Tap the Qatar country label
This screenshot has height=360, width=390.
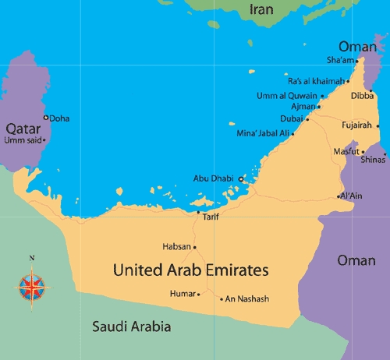[23, 129]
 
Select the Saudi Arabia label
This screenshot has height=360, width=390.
[131, 326]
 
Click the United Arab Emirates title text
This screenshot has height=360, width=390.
[190, 270]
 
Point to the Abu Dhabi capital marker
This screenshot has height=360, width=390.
[241, 179]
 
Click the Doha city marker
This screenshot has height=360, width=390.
[46, 118]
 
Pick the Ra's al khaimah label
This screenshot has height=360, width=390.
[315, 81]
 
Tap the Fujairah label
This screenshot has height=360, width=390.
[357, 125]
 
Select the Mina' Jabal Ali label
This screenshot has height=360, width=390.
[263, 133]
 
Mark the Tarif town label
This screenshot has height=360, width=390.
[210, 217]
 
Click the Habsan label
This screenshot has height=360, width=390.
[175, 246]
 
